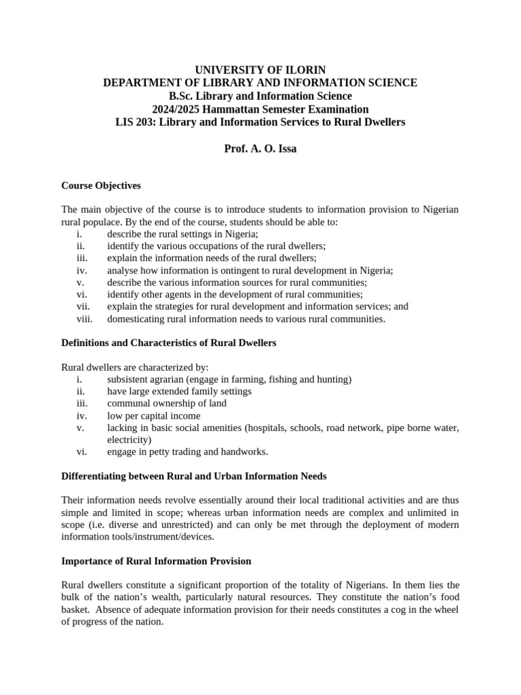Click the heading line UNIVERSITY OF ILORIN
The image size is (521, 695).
tap(260, 70)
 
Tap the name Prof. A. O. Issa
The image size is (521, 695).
tap(260, 148)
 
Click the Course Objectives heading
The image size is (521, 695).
tap(101, 185)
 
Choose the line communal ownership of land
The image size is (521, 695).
tap(167, 403)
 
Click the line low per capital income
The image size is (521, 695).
tap(153, 415)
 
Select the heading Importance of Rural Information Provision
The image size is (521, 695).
tap(156, 561)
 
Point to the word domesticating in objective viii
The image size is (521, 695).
tap(136, 319)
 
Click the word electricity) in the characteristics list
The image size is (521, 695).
tap(129, 440)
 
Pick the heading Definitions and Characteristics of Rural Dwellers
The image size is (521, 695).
tap(169, 343)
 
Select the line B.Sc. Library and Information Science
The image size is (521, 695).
tap(260, 96)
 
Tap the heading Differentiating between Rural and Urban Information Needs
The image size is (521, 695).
tap(194, 476)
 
